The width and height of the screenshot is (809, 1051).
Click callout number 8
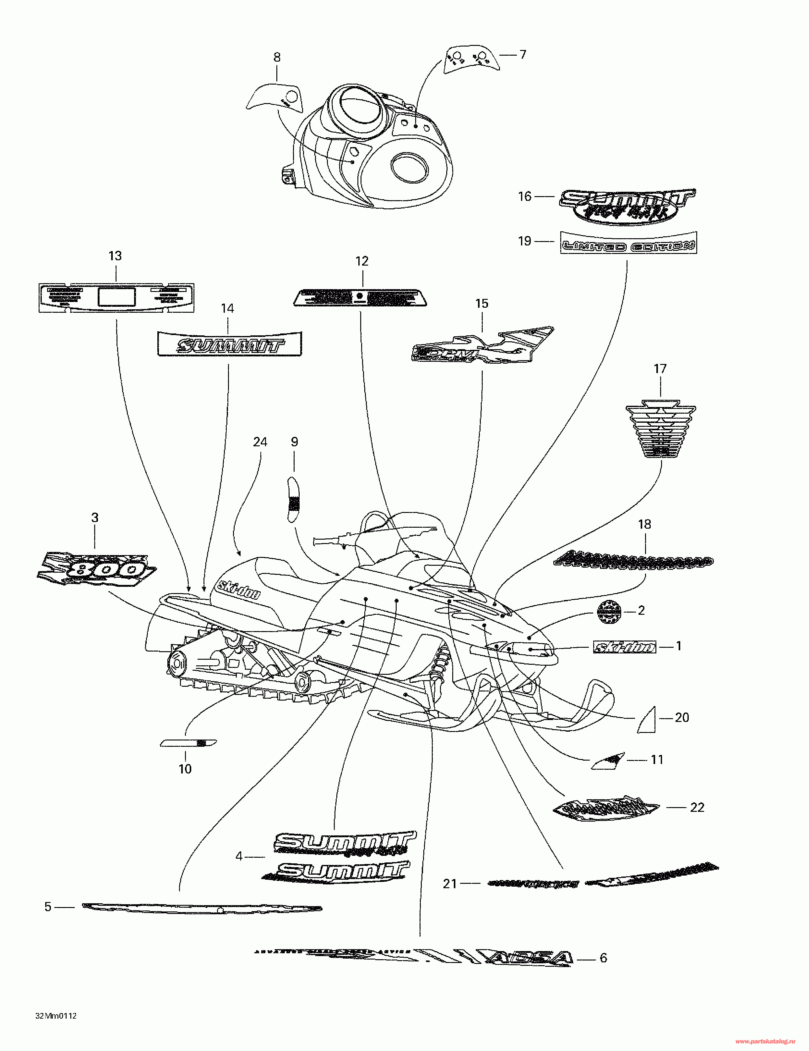coord(277,57)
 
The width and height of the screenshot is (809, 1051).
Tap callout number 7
coord(523,54)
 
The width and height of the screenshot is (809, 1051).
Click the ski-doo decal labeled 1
coord(624,647)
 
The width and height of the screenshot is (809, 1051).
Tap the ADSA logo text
coord(529,958)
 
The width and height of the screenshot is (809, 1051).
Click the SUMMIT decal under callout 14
coord(230,344)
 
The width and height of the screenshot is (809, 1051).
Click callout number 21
coord(450,883)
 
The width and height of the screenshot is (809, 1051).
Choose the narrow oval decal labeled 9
coord(293,499)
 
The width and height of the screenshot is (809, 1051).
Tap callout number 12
coord(362,261)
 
